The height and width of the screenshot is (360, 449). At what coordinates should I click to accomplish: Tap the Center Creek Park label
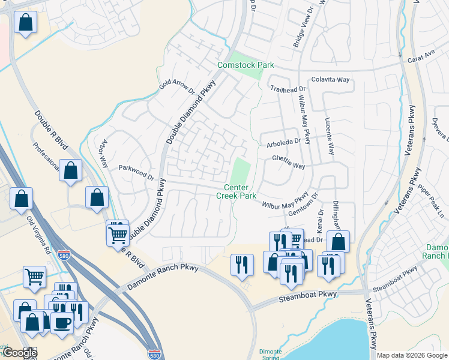point(237,192)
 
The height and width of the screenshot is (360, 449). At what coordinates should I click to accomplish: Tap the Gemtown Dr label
point(300,205)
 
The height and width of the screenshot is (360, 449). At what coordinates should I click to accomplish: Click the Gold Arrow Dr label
point(178,86)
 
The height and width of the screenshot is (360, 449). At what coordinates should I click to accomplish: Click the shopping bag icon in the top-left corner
point(26,23)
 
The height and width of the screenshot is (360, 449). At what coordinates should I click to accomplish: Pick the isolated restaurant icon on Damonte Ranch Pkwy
point(242,264)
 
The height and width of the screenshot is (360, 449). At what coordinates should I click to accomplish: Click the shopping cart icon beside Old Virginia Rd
point(34,277)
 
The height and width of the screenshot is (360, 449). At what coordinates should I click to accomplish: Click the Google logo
point(19,353)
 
